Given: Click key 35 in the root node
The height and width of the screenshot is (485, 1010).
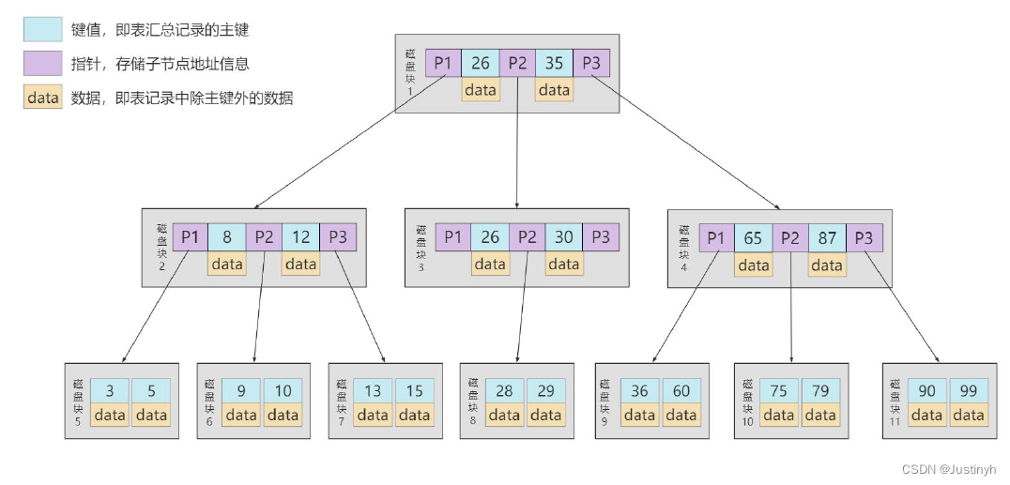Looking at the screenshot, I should point(554,64).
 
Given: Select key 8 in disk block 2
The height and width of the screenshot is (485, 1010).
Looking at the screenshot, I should point(226,237).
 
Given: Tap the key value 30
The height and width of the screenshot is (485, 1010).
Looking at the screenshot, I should point(563,237).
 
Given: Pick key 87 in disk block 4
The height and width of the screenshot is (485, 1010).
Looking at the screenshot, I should point(826,238).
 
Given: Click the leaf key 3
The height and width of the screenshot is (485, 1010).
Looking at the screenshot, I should point(110,390).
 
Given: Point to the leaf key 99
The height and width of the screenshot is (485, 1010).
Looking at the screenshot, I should point(968,390).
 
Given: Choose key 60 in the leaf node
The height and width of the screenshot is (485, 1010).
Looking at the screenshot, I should point(681,390).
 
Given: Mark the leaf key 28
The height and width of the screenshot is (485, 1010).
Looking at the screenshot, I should point(504,390).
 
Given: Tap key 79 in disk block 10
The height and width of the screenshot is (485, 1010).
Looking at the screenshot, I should point(819,390).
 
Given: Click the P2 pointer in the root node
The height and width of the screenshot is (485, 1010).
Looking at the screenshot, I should point(517,64).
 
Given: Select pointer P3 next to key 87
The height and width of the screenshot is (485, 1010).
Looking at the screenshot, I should point(864,238).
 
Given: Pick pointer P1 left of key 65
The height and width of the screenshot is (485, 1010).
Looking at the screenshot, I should point(715,238).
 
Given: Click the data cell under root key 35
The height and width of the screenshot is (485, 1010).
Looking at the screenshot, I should point(554,90).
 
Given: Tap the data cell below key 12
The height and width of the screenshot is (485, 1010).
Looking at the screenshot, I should point(300,264).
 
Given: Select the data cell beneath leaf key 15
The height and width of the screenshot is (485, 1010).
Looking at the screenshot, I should point(414,415).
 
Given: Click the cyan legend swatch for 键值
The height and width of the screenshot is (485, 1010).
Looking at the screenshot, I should point(42,30).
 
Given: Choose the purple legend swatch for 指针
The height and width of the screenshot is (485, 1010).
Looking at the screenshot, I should point(42,64).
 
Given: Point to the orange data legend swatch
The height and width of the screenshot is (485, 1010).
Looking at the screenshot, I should point(42,98).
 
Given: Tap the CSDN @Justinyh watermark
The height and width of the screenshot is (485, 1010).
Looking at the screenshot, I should point(949,469).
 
